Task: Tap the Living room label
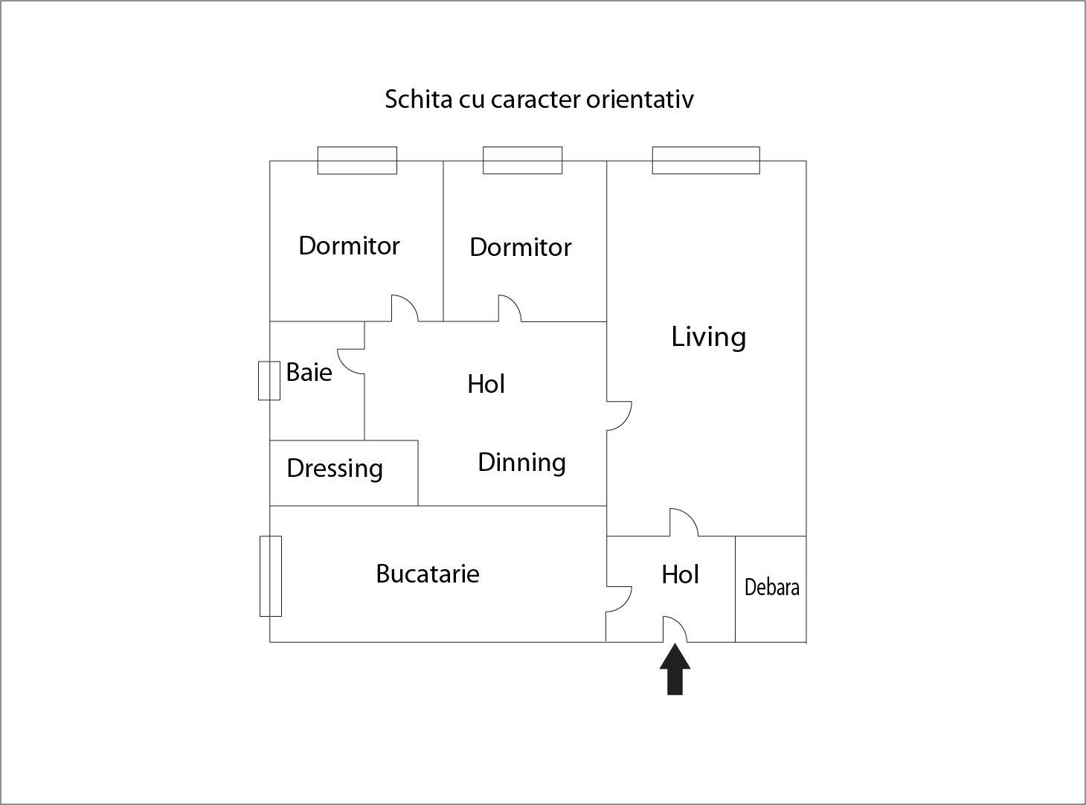[x=708, y=337]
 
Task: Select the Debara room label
[x=771, y=587]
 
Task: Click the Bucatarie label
[x=428, y=574]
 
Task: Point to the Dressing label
[x=335, y=469]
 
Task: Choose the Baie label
[x=309, y=372]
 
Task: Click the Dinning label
[x=521, y=462]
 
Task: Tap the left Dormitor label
[x=349, y=246]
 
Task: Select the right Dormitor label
[x=520, y=247]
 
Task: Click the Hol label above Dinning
[x=486, y=384]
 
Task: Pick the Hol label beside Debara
[x=680, y=574]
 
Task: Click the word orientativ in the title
[x=640, y=99]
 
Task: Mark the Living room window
[x=706, y=160]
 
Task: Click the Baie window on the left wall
[x=269, y=380]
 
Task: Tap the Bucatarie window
[x=270, y=576]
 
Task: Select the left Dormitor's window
[x=357, y=160]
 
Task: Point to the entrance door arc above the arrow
[x=675, y=628]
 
